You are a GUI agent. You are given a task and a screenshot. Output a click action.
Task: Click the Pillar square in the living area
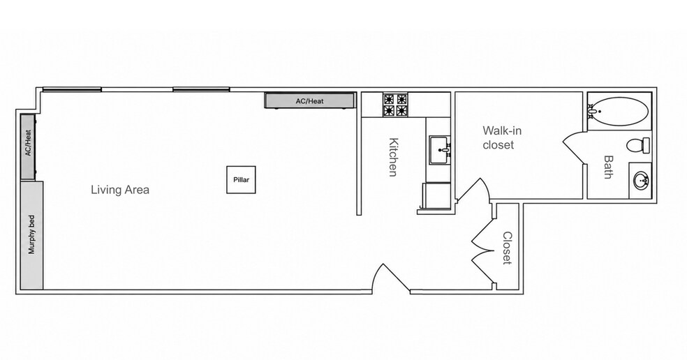pyautogui.click(x=241, y=179)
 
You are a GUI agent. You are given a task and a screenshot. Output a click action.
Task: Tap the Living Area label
pyautogui.click(x=120, y=190)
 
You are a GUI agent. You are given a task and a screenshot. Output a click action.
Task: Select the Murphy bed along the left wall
pyautogui.click(x=32, y=235)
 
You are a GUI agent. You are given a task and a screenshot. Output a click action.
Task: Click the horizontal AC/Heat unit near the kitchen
pyautogui.click(x=309, y=100)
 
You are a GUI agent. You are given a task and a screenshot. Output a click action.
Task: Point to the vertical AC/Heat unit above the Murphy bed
pyautogui.click(x=28, y=147)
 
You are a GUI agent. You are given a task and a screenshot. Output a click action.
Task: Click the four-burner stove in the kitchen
pyautogui.click(x=396, y=105)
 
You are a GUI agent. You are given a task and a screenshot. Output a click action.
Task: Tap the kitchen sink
pyautogui.click(x=440, y=149)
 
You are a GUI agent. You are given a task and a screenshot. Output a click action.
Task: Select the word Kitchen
pyautogui.click(x=394, y=157)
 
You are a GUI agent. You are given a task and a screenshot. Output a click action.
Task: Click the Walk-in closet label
pyautogui.click(x=502, y=137)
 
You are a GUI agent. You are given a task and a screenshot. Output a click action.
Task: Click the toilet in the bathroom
pyautogui.click(x=638, y=145)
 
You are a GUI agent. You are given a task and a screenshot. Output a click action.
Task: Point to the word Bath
pyautogui.click(x=608, y=167)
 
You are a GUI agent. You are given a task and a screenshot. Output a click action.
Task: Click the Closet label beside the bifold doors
pyautogui.click(x=508, y=248)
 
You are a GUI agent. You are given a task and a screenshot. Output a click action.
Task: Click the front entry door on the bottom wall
pyautogui.click(x=391, y=278)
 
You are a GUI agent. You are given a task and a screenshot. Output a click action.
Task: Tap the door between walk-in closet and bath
pyautogui.click(x=575, y=148)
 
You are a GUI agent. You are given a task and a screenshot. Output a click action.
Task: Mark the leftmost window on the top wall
pyautogui.click(x=72, y=90)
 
